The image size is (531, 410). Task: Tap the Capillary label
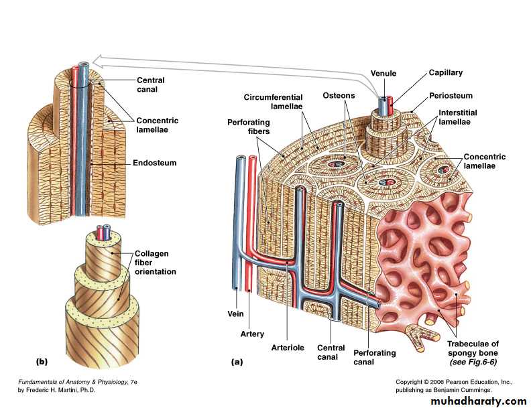coord(445,72)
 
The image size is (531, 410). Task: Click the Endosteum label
coord(156,162)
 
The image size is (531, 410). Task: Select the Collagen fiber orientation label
coord(156,262)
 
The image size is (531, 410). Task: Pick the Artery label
coord(252,334)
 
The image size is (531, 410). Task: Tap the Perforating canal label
coord(375,357)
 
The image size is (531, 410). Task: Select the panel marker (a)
coord(236,361)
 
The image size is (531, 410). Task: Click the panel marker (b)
coord(42,361)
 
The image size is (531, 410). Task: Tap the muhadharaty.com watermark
coord(471,401)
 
